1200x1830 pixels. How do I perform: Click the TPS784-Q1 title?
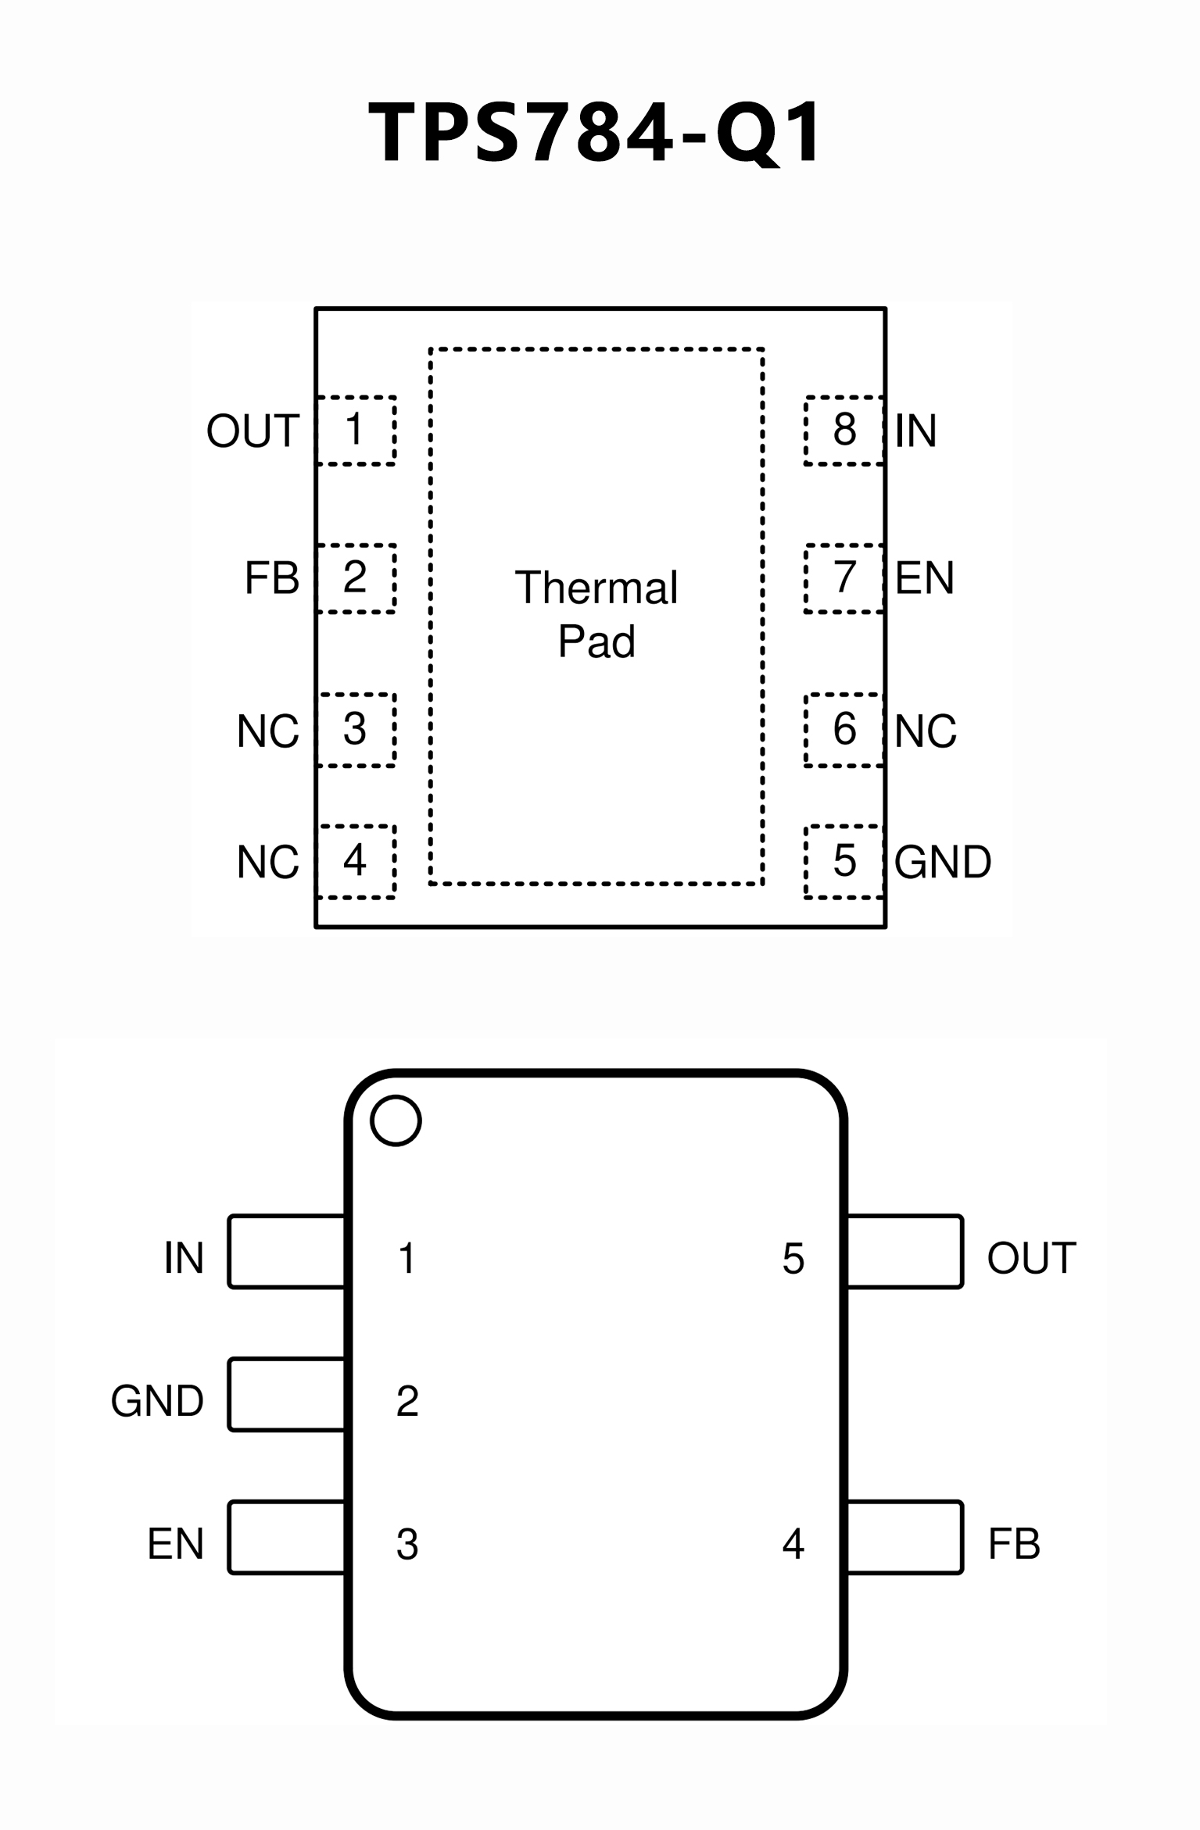point(596,132)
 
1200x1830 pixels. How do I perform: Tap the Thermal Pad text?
point(596,614)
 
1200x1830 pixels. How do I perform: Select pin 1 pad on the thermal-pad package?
point(356,431)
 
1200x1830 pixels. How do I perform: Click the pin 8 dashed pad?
point(844,431)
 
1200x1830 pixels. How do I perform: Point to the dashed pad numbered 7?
point(844,578)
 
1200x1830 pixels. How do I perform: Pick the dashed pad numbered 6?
point(844,729)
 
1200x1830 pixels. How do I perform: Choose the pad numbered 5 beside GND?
point(844,861)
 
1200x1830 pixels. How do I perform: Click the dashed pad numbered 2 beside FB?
point(356,578)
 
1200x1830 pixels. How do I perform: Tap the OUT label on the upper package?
point(253,431)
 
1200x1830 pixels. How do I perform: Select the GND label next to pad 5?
point(943,862)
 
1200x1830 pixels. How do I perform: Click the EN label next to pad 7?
point(924,578)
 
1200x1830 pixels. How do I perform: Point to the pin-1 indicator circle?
point(396,1121)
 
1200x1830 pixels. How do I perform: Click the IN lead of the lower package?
point(286,1251)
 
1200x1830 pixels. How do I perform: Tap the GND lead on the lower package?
point(286,1395)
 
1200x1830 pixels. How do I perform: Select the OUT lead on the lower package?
point(905,1251)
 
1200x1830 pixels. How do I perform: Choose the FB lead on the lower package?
point(905,1537)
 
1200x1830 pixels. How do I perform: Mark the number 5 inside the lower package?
point(793,1259)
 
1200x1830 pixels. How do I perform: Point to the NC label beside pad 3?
point(267,731)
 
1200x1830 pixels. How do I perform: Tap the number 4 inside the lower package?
point(793,1544)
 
